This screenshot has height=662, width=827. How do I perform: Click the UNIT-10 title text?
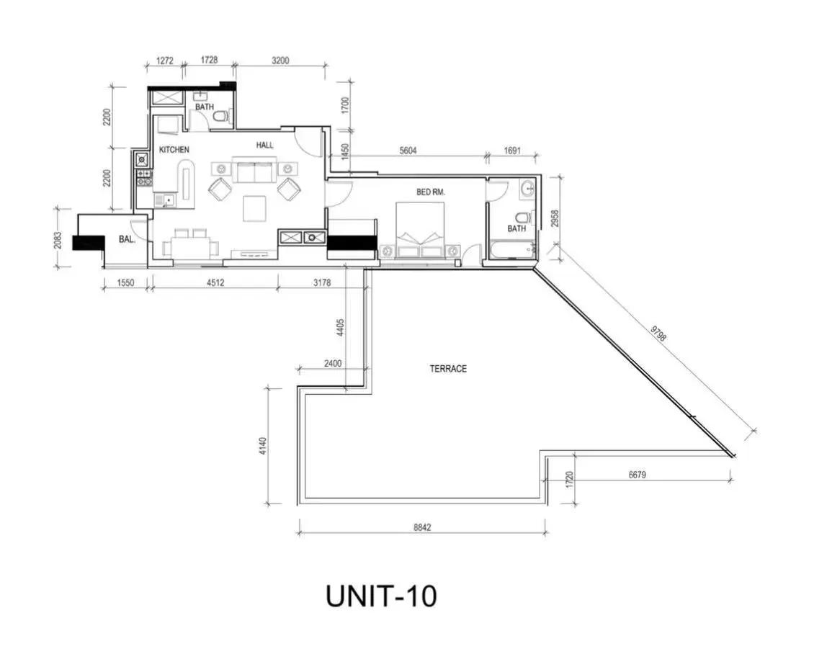[381, 596]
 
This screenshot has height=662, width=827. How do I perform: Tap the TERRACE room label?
[448, 369]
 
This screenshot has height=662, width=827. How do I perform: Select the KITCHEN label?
[174, 150]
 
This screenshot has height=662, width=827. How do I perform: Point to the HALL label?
[265, 145]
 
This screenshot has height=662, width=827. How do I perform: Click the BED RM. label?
[431, 192]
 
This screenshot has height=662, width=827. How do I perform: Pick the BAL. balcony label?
[127, 239]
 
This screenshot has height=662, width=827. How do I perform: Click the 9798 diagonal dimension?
[658, 334]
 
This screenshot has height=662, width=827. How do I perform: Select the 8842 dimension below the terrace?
[422, 527]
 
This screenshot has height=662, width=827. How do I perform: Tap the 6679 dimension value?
[637, 475]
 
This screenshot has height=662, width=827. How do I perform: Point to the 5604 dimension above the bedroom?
[408, 151]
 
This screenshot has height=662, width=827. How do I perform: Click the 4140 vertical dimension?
[263, 447]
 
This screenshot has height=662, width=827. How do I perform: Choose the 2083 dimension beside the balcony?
[58, 241]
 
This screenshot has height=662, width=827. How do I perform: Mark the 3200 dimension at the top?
[280, 61]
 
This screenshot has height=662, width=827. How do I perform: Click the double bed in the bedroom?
[421, 230]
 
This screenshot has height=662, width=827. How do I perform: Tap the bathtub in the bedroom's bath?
[512, 250]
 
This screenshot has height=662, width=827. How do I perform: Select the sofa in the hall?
[255, 172]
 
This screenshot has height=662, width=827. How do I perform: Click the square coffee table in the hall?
[255, 208]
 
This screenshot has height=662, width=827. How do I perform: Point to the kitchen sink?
[164, 200]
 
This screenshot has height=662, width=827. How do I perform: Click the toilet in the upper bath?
[223, 117]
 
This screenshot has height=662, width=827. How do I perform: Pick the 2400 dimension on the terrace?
[332, 364]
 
